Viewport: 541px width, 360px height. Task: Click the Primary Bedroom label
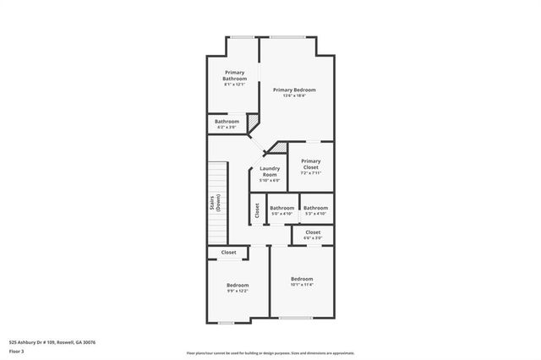pyautogui.click(x=294, y=90)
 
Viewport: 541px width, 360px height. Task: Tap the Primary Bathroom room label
pyautogui.click(x=235, y=75)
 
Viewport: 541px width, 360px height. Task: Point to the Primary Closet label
pyautogui.click(x=310, y=164)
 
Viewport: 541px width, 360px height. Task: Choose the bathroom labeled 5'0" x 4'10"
pyautogui.click(x=281, y=208)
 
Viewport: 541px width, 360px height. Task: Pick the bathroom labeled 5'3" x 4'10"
pyautogui.click(x=315, y=208)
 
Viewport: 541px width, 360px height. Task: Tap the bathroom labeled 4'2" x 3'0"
pyautogui.click(x=227, y=122)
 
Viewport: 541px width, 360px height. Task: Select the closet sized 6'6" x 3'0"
pyautogui.click(x=313, y=232)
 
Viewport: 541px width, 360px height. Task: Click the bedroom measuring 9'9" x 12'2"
pyautogui.click(x=238, y=286)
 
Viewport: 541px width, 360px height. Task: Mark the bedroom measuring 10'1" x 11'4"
pyautogui.click(x=302, y=279)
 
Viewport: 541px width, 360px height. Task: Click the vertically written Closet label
pyautogui.click(x=257, y=210)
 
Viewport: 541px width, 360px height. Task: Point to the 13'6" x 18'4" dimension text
pyautogui.click(x=294, y=95)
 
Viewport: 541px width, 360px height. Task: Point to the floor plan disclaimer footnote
pyautogui.click(x=270, y=353)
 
